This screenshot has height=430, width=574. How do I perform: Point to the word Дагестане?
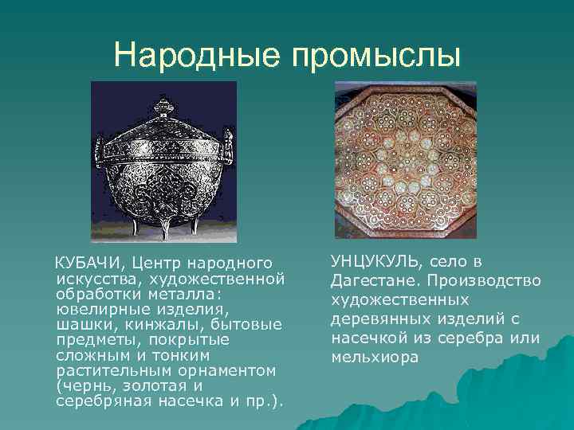click(x=375, y=281)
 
